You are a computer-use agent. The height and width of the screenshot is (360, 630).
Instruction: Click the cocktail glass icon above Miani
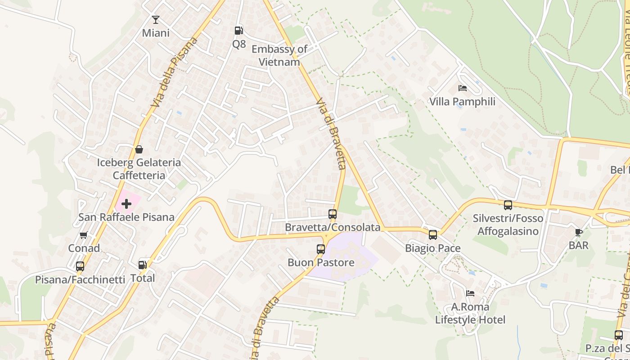click(156, 20)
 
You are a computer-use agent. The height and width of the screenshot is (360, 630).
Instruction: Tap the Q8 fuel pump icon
click(239, 31)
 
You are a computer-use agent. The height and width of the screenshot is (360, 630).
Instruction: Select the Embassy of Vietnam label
click(279, 55)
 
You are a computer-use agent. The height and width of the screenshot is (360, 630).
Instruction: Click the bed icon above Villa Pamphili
click(462, 88)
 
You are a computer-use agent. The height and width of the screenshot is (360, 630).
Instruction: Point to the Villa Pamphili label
click(462, 102)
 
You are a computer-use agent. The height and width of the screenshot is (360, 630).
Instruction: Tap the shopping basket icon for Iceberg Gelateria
click(139, 149)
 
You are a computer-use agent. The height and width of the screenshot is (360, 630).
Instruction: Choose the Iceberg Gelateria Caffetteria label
click(139, 169)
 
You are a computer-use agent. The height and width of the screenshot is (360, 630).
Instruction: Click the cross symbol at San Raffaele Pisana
click(126, 204)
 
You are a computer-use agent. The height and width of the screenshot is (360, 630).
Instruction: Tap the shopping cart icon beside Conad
click(84, 235)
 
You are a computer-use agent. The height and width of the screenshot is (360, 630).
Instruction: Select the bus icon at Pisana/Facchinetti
click(80, 266)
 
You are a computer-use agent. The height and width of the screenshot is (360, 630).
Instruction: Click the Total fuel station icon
click(143, 265)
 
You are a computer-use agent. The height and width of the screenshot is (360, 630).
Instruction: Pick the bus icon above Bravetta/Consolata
click(333, 214)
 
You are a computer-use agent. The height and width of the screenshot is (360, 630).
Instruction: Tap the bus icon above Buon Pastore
click(321, 249)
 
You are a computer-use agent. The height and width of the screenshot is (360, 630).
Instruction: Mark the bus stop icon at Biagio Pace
click(433, 234)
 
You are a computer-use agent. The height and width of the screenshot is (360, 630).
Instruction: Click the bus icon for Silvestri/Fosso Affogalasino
click(508, 205)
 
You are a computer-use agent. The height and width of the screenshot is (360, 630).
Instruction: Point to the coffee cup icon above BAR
click(579, 232)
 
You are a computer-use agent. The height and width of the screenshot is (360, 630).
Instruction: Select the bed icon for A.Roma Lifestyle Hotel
click(470, 293)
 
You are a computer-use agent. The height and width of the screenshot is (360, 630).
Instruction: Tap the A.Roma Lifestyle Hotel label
click(470, 314)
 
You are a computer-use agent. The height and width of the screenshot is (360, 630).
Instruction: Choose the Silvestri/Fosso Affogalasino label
click(508, 225)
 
